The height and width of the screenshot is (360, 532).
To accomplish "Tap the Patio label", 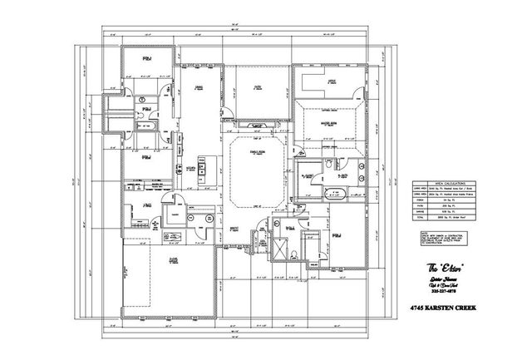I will (258, 86).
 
